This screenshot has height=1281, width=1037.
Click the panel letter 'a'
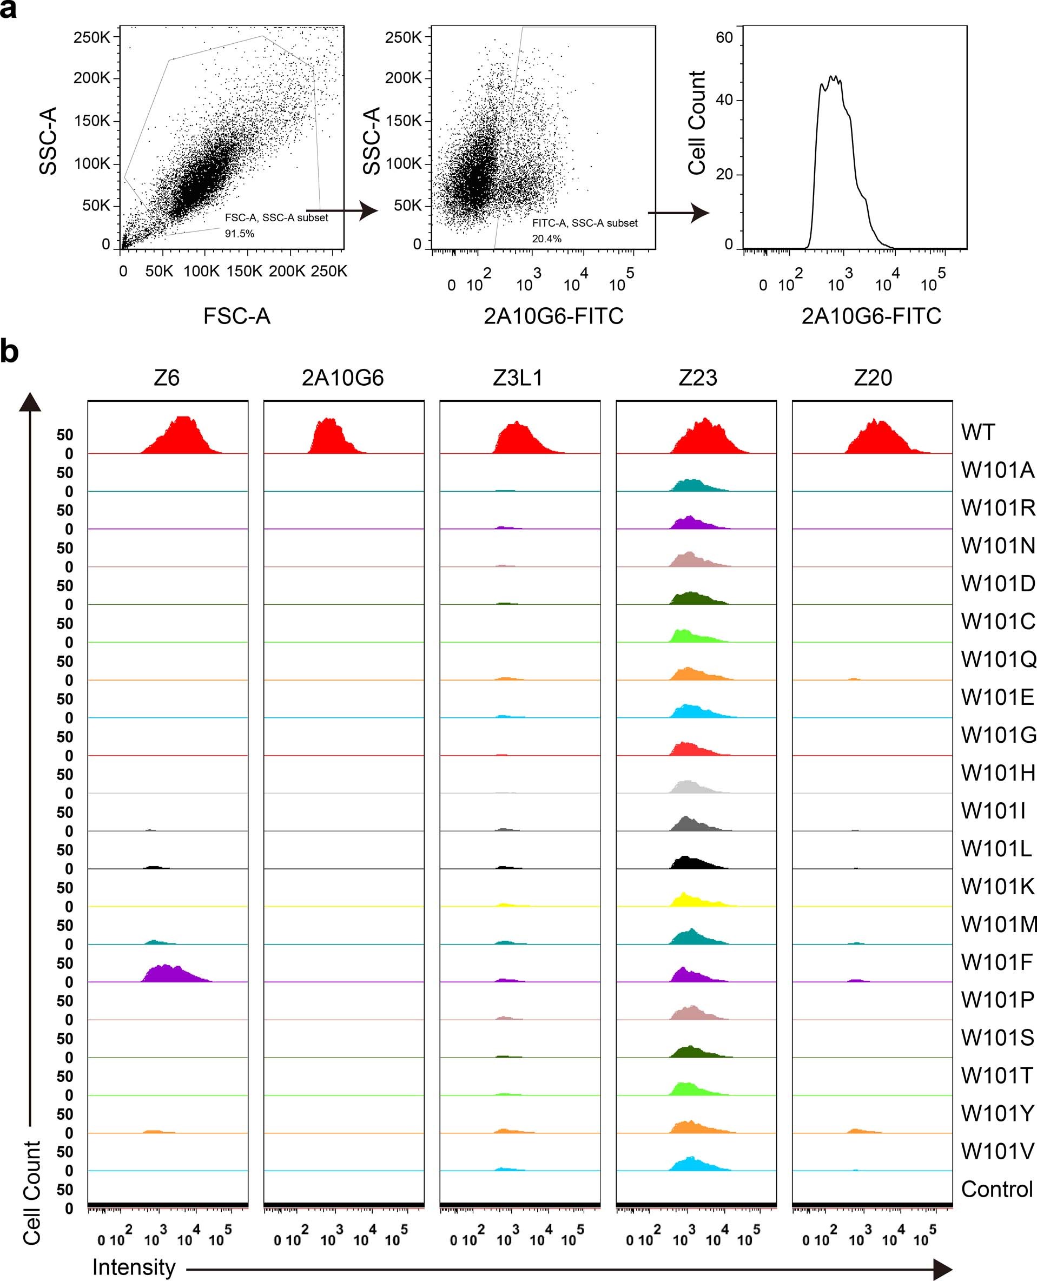coord(8,10)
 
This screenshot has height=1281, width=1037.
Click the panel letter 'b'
coord(9,352)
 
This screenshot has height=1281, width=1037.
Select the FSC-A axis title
coord(236,316)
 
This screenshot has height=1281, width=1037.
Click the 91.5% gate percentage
coord(240,234)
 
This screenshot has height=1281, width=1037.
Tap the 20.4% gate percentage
coord(546,238)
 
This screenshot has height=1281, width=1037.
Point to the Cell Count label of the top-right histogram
coord(697,122)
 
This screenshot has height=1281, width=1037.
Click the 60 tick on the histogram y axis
coord(724,38)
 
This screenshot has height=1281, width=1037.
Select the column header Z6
coord(166,378)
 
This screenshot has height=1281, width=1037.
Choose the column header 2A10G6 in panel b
coord(342,378)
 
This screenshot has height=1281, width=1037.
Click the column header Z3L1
coord(518,378)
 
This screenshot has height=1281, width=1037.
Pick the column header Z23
coord(697,378)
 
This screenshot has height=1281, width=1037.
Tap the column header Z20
coord(873,378)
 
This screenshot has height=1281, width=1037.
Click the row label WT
coord(978,432)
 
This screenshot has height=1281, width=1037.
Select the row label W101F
coord(996,962)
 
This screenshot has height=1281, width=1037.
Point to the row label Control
coord(996,1189)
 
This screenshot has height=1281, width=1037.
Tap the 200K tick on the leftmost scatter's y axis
coord(92,78)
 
